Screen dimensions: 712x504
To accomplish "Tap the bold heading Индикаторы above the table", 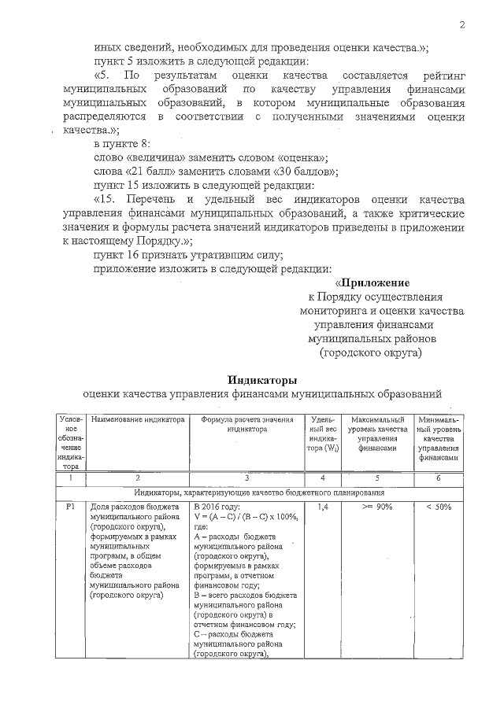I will coord(262,379).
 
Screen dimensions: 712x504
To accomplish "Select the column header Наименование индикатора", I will coord(138,421).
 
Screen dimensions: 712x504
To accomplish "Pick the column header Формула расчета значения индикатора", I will coord(247,425).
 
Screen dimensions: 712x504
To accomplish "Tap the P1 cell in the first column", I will coord(69,507).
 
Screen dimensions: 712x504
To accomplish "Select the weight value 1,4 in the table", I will coord(321,507).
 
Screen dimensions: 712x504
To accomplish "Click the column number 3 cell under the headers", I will coord(246,478).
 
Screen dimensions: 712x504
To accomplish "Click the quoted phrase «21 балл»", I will coord(151,171).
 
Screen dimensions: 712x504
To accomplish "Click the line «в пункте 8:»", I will coord(120,143).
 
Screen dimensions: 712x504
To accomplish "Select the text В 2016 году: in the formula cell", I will coord(217,507).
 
